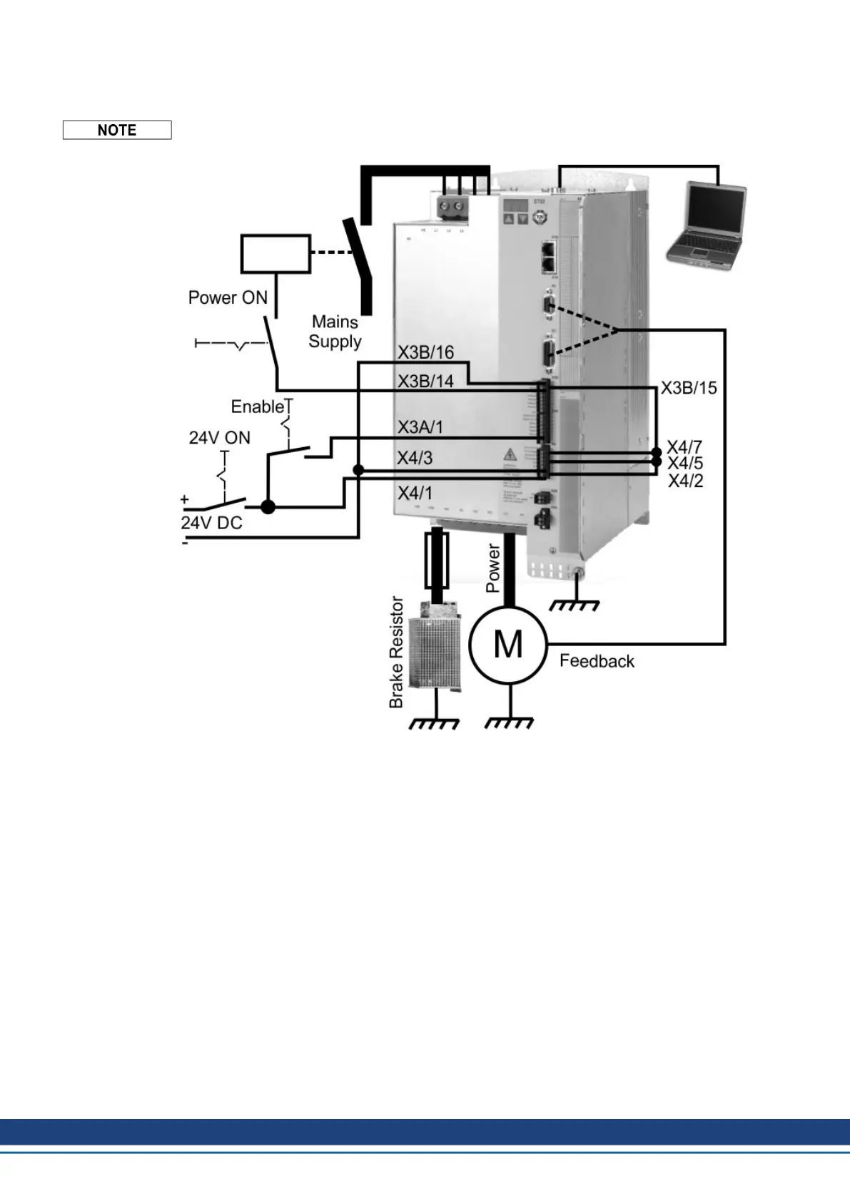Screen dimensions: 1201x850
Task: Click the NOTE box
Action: (117, 130)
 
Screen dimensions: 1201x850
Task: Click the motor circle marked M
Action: (507, 645)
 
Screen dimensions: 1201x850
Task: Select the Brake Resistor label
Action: (396, 652)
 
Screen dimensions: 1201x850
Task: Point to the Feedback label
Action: (597, 661)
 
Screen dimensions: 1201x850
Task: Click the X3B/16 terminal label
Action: (425, 352)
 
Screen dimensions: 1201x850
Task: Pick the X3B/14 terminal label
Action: (425, 382)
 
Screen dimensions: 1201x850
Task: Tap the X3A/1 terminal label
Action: (420, 427)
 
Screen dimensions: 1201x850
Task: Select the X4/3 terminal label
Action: (415, 458)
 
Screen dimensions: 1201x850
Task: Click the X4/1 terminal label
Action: (415, 493)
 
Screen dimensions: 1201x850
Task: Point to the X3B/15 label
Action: (688, 388)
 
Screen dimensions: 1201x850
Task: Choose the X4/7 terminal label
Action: (684, 447)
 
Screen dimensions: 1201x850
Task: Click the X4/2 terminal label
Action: (685, 481)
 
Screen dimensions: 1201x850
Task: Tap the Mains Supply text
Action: (335, 332)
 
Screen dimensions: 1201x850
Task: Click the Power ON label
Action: (228, 297)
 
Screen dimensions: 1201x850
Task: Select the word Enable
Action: (258, 407)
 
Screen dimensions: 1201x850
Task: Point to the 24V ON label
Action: (219, 437)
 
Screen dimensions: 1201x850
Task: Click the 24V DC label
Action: (211, 523)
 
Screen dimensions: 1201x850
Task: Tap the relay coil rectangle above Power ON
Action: (275, 254)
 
